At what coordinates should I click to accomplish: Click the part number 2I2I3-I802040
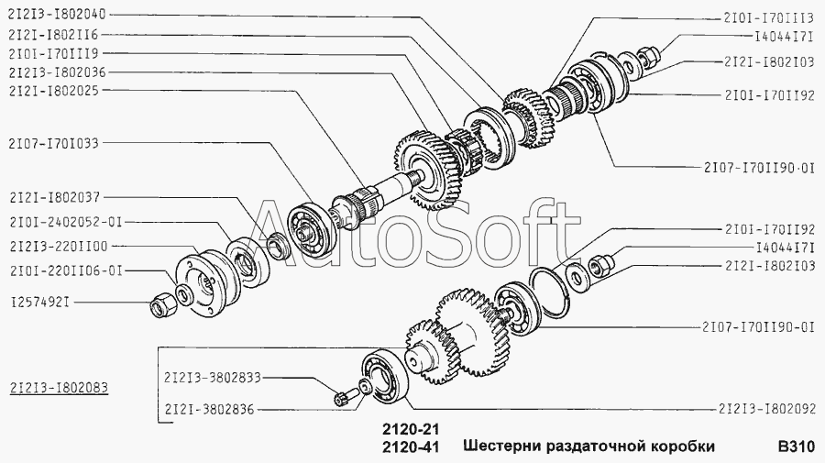tap(58, 15)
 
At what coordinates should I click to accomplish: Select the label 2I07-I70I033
tap(53, 143)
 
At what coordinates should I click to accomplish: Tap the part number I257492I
tap(40, 303)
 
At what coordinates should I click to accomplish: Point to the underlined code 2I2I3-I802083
tap(59, 388)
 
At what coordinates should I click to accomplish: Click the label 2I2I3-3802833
tap(213, 378)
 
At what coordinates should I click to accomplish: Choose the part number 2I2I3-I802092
tap(766, 408)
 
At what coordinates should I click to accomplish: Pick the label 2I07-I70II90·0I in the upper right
tap(759, 169)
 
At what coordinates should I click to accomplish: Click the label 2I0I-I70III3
tap(769, 18)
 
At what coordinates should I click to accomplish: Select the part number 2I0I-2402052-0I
tap(65, 222)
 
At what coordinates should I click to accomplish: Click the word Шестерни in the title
tap(502, 446)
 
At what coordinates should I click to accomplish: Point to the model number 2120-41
tap(409, 447)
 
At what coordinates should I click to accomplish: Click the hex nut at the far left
tap(159, 305)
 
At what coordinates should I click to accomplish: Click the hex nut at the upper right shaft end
tap(648, 55)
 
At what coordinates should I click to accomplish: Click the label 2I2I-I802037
tap(54, 198)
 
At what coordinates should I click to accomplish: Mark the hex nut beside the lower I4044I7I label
tap(599, 263)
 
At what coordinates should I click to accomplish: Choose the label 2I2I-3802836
tap(209, 409)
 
